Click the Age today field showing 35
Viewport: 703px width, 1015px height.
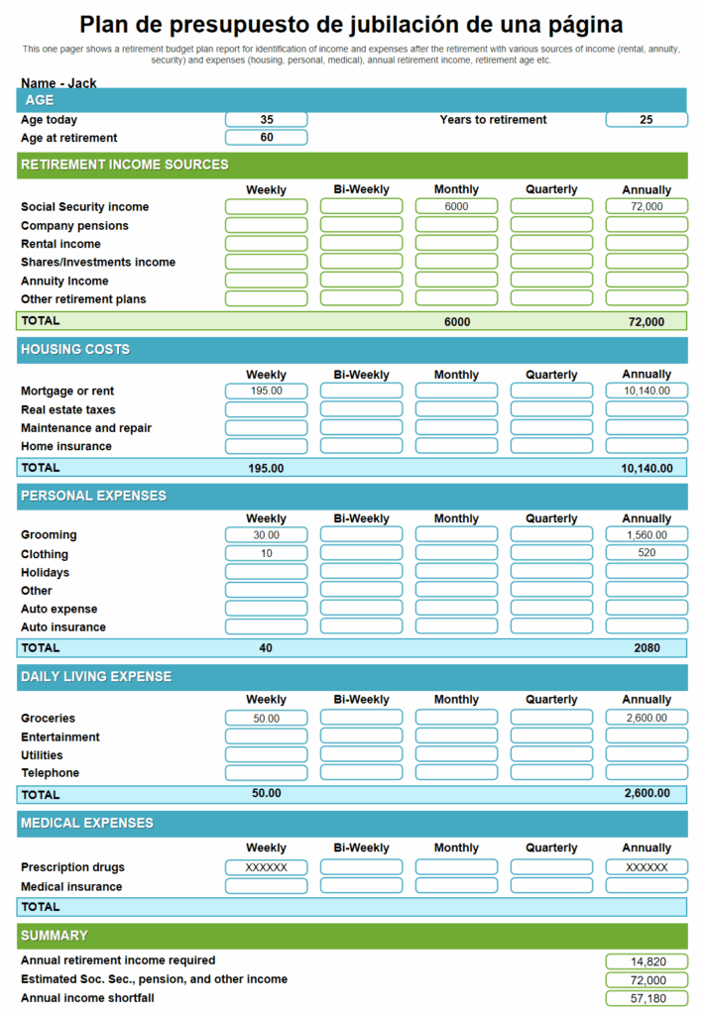[x=266, y=120]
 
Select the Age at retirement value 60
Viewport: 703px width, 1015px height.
[x=266, y=138]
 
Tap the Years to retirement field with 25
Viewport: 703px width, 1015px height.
[x=646, y=120]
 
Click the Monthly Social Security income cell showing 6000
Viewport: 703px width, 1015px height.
[x=456, y=207]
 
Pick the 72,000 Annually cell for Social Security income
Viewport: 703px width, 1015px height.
[x=646, y=207]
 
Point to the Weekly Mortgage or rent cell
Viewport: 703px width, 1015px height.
[x=266, y=392]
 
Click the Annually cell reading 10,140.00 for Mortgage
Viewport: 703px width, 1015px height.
[x=646, y=392]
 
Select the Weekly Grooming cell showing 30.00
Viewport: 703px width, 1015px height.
[x=266, y=535]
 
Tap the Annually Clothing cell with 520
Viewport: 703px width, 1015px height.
[x=646, y=553]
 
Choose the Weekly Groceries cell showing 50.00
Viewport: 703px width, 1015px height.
[x=266, y=719]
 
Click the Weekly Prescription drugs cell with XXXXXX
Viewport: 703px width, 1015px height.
[x=266, y=867]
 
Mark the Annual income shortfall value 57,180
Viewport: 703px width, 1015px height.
[x=646, y=998]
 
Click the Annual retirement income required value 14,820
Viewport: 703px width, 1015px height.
[x=646, y=961]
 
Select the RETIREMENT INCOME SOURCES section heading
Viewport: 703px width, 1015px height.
[x=125, y=165]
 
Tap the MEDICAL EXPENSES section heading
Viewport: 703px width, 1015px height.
[x=87, y=823]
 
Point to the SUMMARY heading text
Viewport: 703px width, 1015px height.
[x=55, y=936]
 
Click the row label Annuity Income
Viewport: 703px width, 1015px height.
[x=64, y=282]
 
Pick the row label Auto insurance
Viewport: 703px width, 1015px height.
[x=63, y=627]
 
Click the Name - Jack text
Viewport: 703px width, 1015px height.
[x=59, y=83]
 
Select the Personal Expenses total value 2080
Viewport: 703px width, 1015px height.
[x=646, y=648]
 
